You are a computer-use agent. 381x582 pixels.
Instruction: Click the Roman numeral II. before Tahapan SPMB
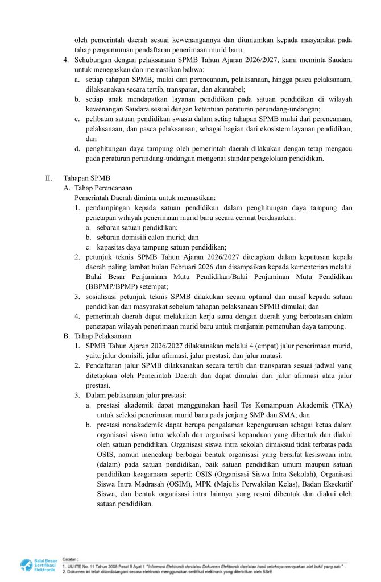49,178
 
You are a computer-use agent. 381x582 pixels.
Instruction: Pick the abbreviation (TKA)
342,405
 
